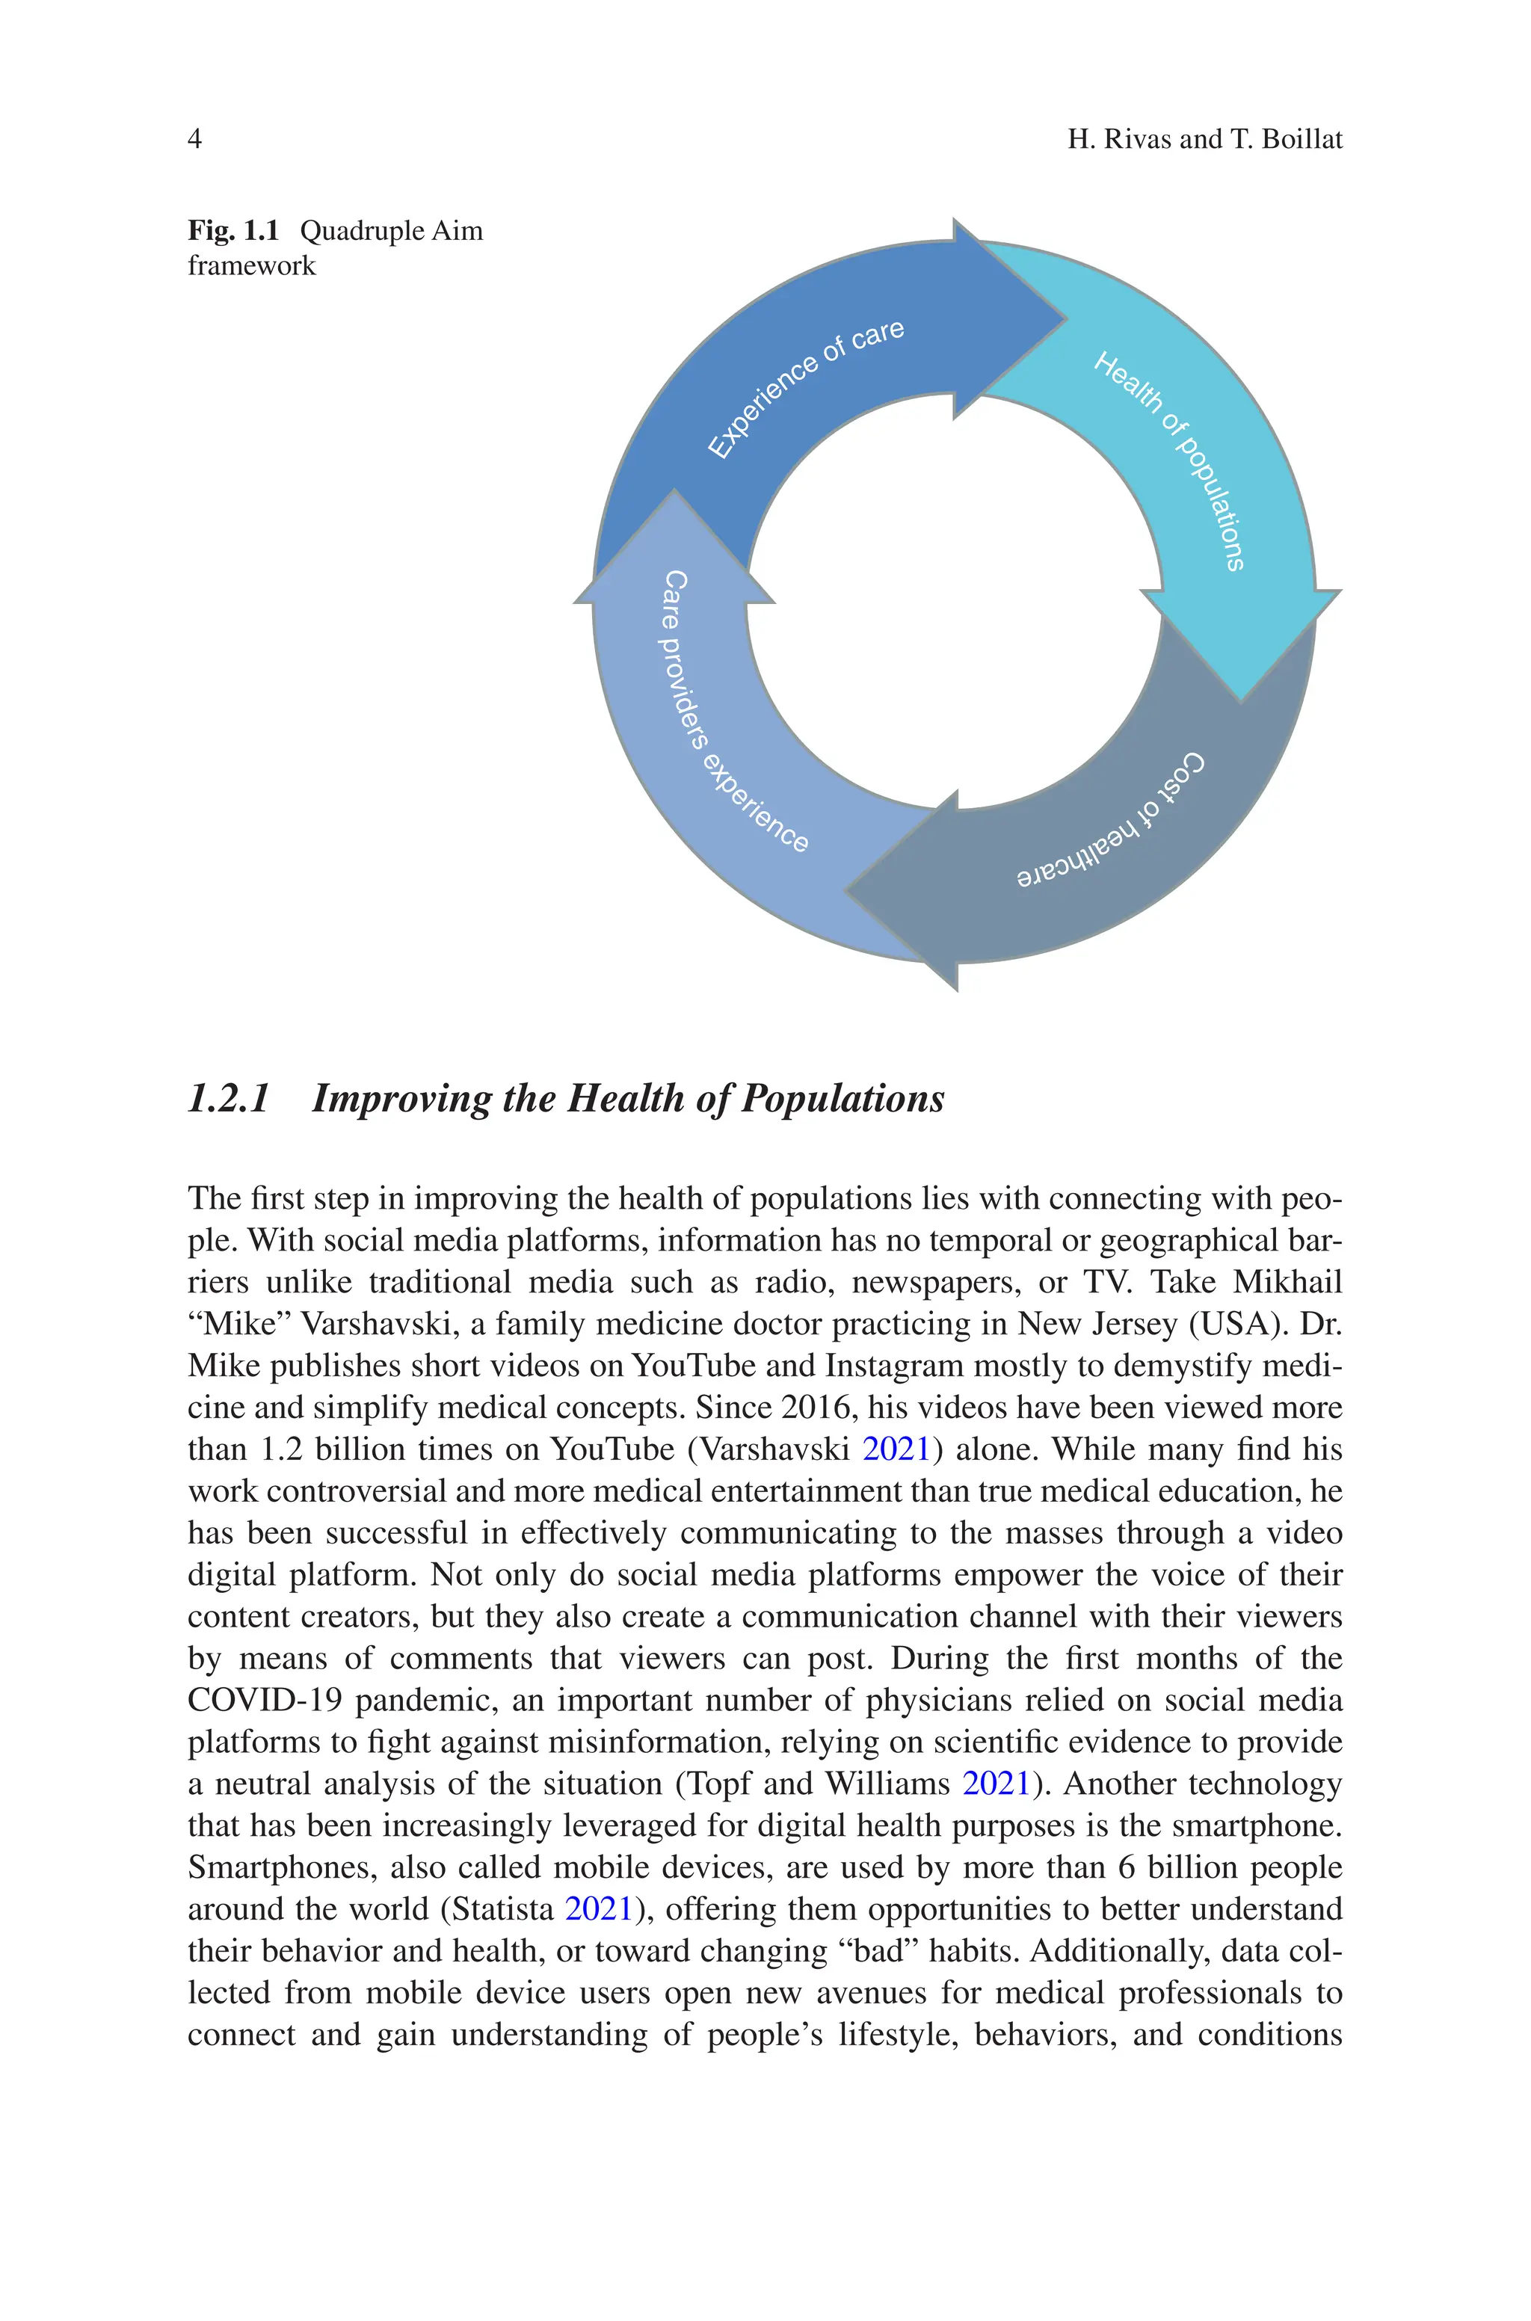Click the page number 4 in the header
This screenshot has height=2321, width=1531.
(x=194, y=140)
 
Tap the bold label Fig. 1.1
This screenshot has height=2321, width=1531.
(x=233, y=231)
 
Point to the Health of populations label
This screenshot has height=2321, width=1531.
(x=1170, y=460)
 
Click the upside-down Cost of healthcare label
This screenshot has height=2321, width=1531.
(x=1111, y=821)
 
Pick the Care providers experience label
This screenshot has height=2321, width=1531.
(x=734, y=712)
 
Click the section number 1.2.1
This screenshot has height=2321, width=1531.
(x=229, y=1098)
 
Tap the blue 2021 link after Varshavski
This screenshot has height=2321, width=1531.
(x=896, y=1449)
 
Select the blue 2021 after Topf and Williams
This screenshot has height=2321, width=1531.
(x=996, y=1784)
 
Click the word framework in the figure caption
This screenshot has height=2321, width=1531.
(x=252, y=265)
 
